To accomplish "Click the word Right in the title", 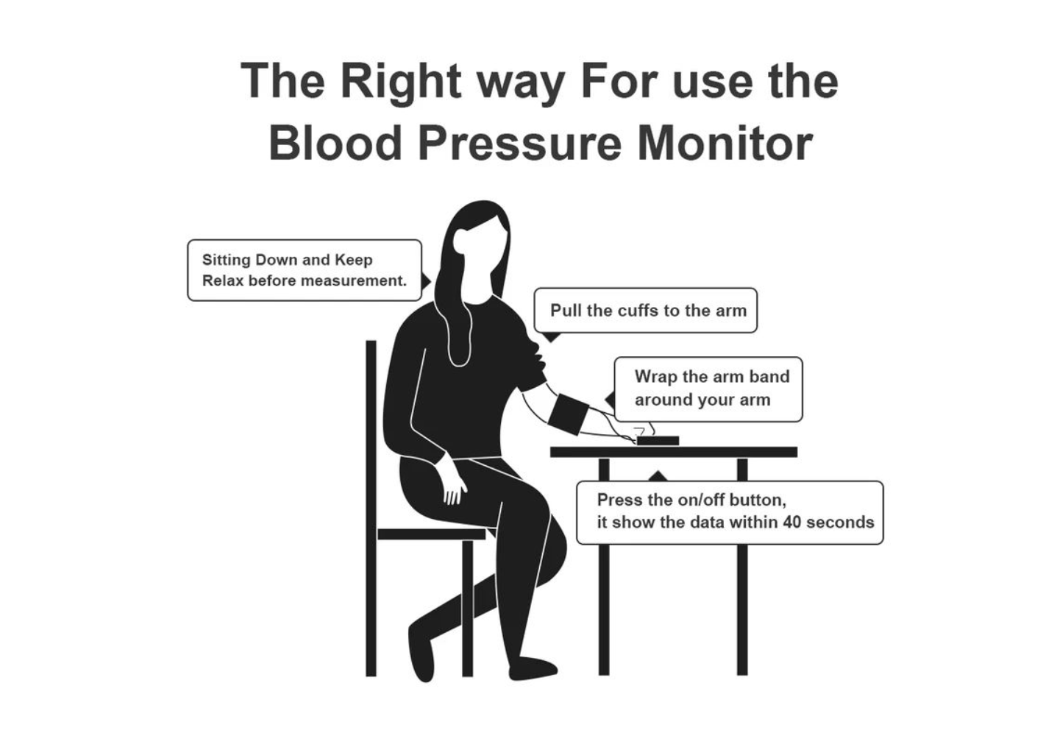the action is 401,82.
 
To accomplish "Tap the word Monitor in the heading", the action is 725,143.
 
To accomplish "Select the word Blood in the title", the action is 335,143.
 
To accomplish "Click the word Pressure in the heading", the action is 519,143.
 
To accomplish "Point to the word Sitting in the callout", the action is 226,260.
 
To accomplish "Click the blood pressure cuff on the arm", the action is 568,414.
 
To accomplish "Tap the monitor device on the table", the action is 658,441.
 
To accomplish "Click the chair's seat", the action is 432,534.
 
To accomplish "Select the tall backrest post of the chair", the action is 371,508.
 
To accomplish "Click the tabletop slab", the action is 674,453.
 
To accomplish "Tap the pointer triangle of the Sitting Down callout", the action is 426,282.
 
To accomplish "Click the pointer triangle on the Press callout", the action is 658,476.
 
